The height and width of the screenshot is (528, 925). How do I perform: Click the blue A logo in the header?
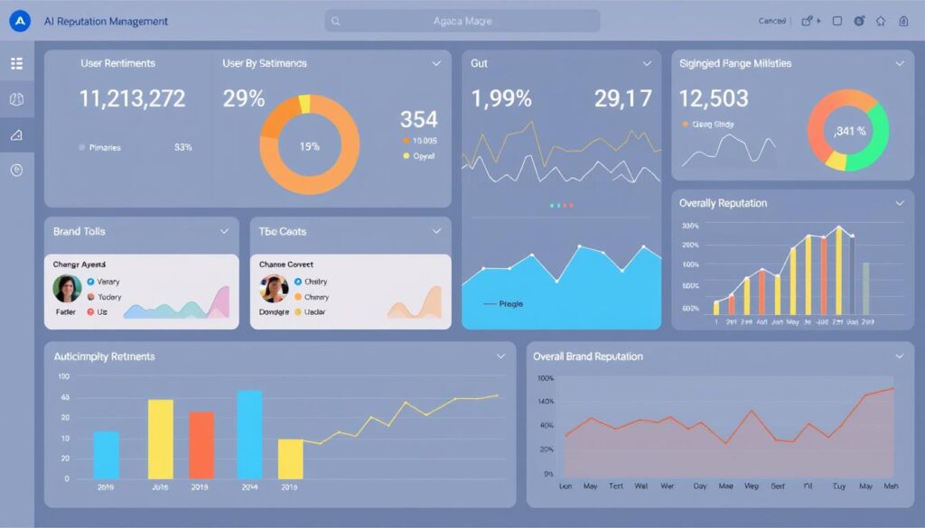19,21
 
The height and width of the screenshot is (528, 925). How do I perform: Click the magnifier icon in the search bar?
336,21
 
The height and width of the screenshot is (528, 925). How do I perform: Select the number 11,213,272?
133,98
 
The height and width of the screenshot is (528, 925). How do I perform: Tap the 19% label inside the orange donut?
309,145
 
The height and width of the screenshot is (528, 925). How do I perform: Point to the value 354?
418,119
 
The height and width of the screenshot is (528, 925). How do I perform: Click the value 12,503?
714,97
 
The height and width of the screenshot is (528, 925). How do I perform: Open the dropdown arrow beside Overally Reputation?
898,204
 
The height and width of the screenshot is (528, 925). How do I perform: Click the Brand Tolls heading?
79,232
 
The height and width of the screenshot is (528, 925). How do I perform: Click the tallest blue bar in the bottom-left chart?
249,434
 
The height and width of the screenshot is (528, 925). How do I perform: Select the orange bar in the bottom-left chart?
201,445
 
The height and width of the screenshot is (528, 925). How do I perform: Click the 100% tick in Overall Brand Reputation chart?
545,378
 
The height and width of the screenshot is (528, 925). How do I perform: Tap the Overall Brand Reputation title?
588,357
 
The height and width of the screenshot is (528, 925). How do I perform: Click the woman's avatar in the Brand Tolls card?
67,288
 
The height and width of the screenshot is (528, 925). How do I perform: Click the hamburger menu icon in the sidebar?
16,63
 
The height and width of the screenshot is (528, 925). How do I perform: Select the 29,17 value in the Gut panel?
622,98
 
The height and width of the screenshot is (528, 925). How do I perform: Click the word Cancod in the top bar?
771,21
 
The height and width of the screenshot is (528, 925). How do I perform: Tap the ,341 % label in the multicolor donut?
849,131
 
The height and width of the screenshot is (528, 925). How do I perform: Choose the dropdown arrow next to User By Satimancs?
436,63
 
